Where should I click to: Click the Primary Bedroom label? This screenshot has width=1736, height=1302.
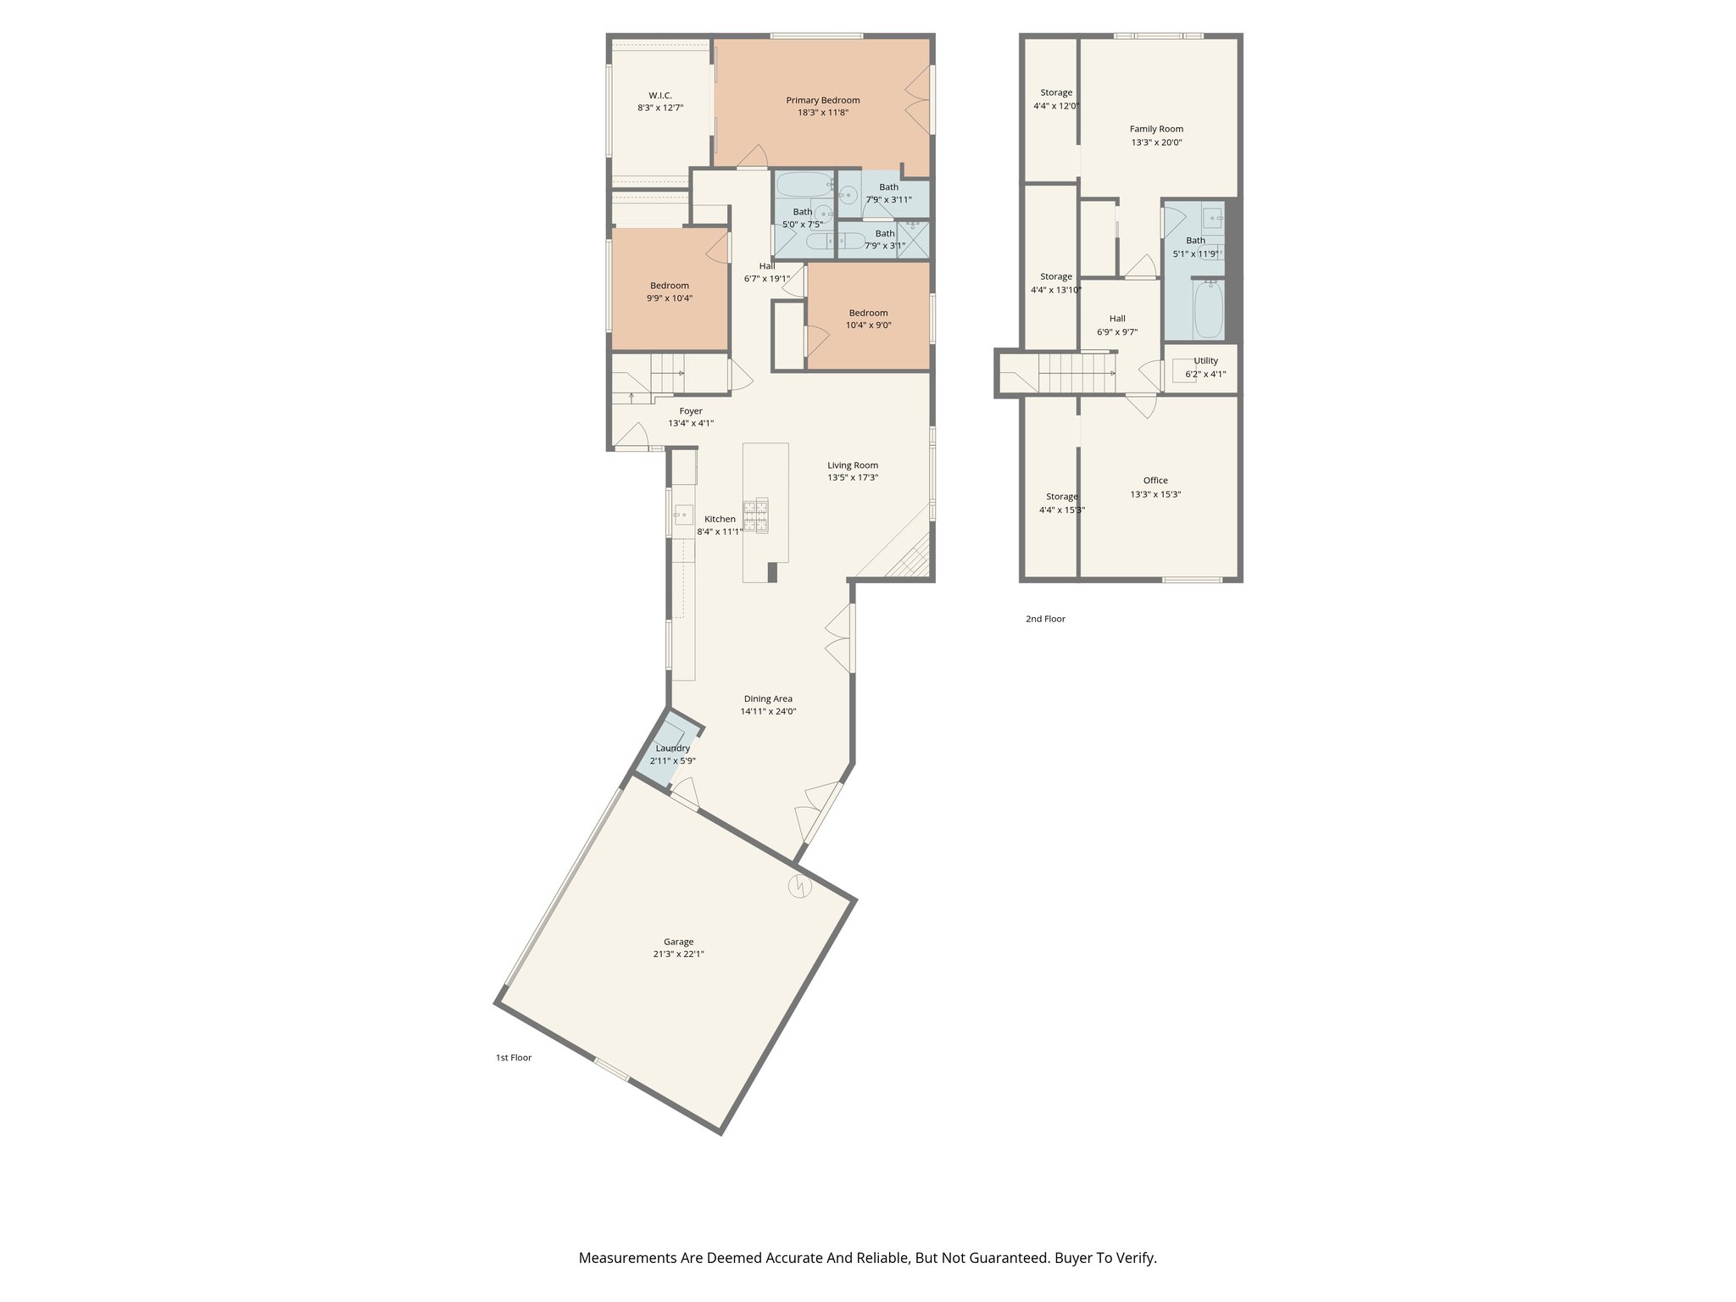pyautogui.click(x=822, y=100)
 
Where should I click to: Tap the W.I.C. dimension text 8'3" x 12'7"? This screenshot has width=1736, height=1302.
pyautogui.click(x=660, y=108)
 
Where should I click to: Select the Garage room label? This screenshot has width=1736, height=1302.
pyautogui.click(x=678, y=941)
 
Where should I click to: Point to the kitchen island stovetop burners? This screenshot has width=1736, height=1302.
pyautogui.click(x=756, y=515)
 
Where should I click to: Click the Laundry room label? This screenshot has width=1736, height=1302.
pyautogui.click(x=672, y=748)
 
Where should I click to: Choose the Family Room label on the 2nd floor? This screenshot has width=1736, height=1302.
pyautogui.click(x=1156, y=129)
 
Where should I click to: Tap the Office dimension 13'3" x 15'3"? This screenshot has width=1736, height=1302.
pyautogui.click(x=1155, y=494)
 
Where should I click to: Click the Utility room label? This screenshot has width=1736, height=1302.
pyautogui.click(x=1205, y=360)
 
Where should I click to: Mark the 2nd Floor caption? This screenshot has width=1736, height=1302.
pyautogui.click(x=1045, y=619)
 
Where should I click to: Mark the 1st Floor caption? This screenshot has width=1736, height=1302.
pyautogui.click(x=514, y=1058)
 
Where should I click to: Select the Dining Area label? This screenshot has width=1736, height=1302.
pyautogui.click(x=768, y=698)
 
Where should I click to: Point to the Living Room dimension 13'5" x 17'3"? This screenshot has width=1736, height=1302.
pyautogui.click(x=853, y=477)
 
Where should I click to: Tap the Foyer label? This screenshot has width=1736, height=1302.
pyautogui.click(x=691, y=410)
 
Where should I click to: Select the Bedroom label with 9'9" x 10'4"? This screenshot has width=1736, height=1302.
pyautogui.click(x=670, y=285)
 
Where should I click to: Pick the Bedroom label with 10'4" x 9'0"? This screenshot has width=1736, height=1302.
pyautogui.click(x=868, y=312)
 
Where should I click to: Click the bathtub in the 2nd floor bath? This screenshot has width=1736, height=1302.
pyautogui.click(x=1208, y=310)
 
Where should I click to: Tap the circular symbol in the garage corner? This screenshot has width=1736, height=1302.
pyautogui.click(x=800, y=887)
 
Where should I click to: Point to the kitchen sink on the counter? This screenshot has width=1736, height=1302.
pyautogui.click(x=683, y=514)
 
